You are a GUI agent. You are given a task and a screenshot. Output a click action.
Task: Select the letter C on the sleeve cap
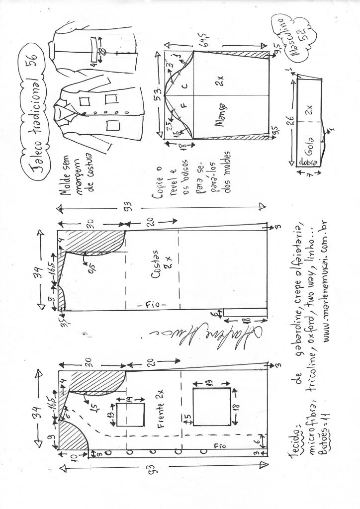[184, 86]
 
